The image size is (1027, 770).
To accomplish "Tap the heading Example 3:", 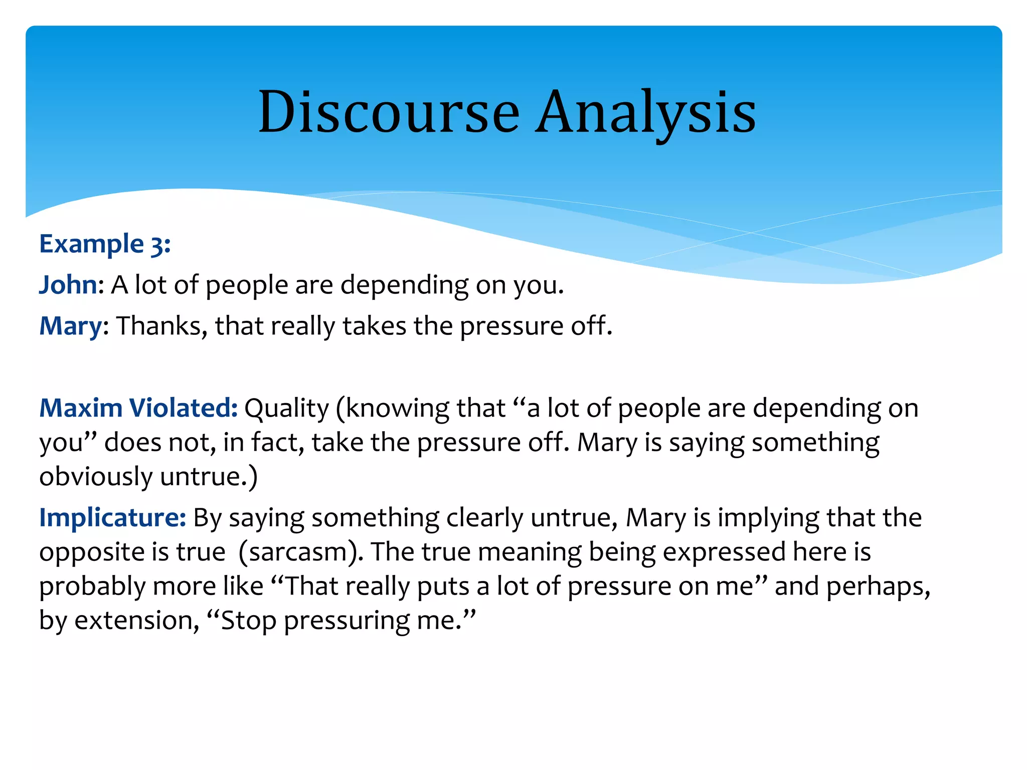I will click(x=105, y=244).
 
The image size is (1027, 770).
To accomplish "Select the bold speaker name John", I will click(x=68, y=285).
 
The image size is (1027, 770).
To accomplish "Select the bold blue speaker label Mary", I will click(x=71, y=326).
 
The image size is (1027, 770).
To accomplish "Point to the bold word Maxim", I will click(x=81, y=408).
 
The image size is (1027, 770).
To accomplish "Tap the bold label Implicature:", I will click(x=113, y=518).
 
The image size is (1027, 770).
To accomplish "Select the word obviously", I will click(x=96, y=477).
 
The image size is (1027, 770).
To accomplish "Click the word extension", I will click(x=133, y=621).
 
